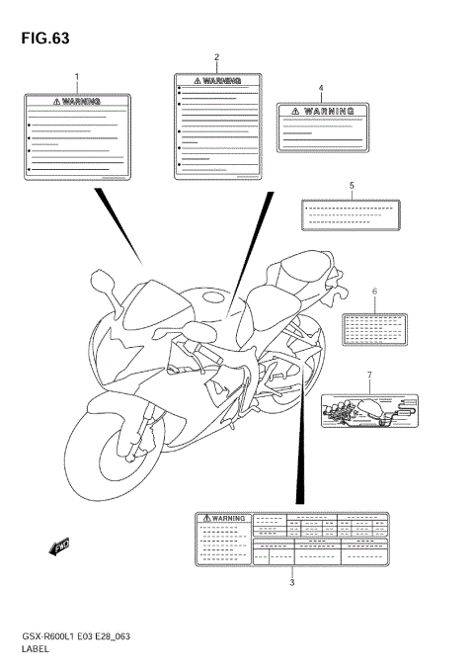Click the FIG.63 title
40,39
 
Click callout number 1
77,76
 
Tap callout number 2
217,57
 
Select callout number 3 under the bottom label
291,582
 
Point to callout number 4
321,88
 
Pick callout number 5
351,185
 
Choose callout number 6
374,292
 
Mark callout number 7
369,376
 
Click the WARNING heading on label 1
77,101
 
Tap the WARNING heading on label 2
218,80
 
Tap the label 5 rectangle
351,212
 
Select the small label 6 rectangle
374,328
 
